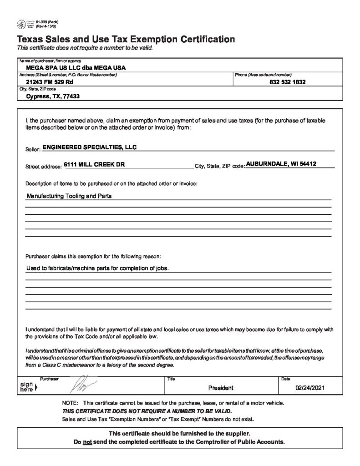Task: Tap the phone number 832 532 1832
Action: click(287, 82)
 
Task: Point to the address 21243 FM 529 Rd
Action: click(50, 82)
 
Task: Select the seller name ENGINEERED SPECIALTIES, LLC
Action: click(89, 147)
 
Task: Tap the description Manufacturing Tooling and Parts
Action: click(69, 197)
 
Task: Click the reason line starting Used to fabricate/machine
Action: click(97, 268)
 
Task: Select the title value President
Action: click(221, 388)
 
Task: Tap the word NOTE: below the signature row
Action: click(70, 404)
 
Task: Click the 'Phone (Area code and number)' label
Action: click(263, 75)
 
